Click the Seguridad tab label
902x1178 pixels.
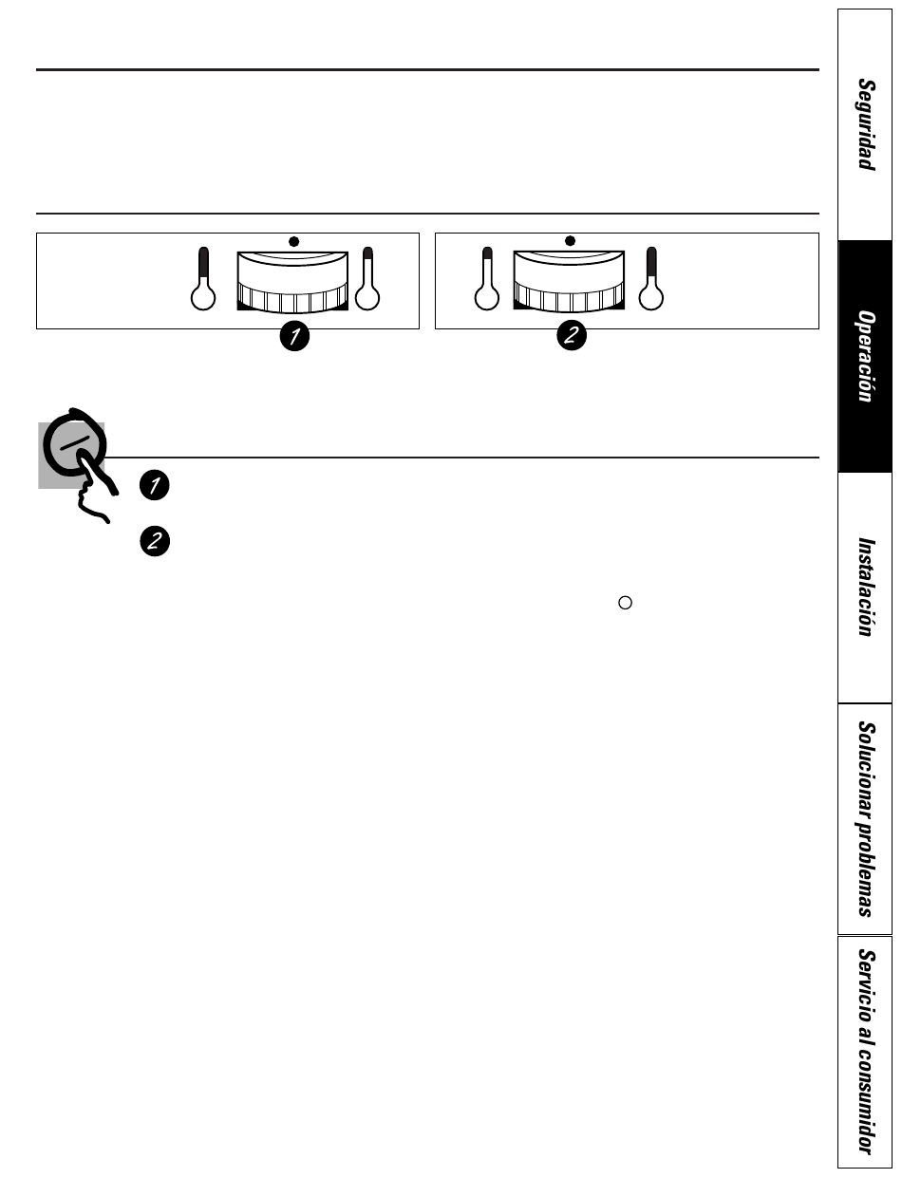[866, 125]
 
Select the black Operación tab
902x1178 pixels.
[865, 356]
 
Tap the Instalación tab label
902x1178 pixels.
[866, 588]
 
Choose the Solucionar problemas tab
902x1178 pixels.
[866, 819]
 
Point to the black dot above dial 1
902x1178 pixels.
[293, 241]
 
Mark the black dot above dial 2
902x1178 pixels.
[570, 241]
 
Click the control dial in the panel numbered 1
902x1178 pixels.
[292, 282]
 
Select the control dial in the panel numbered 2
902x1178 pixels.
[569, 281]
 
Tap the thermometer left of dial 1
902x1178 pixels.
[203, 279]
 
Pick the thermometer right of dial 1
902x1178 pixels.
[367, 279]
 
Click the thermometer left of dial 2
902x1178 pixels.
[487, 279]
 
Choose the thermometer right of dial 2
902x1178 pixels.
[651, 279]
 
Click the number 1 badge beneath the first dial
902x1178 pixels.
[294, 336]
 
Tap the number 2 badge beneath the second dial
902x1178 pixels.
[572, 335]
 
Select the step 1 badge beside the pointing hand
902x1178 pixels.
[155, 485]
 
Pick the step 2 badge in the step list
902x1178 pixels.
[155, 541]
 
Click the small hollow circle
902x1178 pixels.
[625, 603]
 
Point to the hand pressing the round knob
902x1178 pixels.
[94, 484]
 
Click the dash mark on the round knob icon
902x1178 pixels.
[75, 443]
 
